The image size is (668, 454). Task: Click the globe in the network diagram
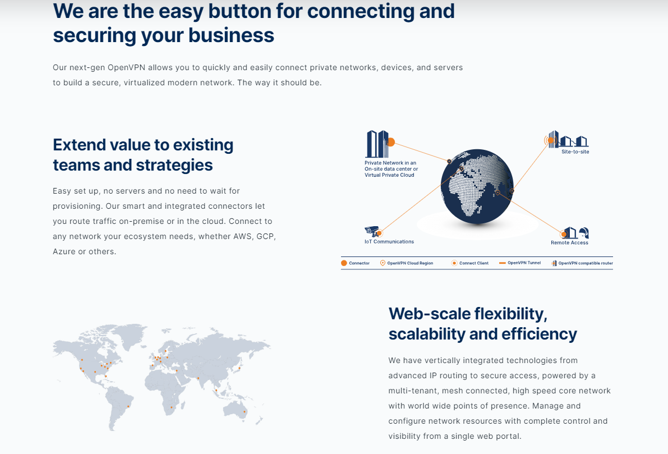[477, 186]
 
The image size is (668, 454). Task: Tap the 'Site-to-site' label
[575, 152]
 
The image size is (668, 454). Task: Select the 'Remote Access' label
[569, 242]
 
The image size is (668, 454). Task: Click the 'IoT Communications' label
[389, 242]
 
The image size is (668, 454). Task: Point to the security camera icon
[372, 231]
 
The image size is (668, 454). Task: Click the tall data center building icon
[377, 144]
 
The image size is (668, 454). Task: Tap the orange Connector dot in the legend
[344, 263]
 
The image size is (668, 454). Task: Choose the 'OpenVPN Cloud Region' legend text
[410, 263]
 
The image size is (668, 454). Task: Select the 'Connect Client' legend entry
[470, 263]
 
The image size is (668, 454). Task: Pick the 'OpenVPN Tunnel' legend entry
[520, 263]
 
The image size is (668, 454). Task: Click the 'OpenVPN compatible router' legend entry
[582, 263]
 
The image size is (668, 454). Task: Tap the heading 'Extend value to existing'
[143, 145]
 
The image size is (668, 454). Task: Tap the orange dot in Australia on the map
[244, 411]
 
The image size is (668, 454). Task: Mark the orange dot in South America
[128, 406]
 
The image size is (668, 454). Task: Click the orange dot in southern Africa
[172, 407]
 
